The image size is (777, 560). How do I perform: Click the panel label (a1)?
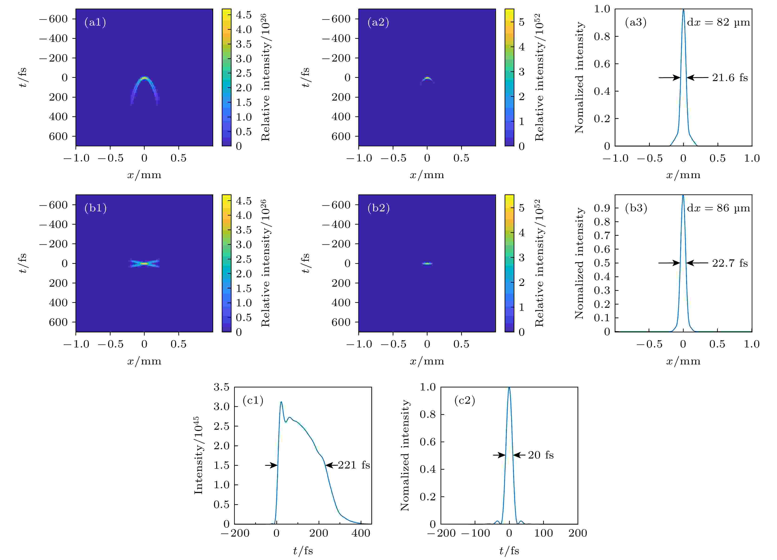[x=95, y=22]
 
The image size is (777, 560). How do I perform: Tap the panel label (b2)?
[x=378, y=208]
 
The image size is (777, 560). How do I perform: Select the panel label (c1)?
[x=253, y=400]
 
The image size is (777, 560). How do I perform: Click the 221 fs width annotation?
[x=354, y=465]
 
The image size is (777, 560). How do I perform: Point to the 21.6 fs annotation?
[x=730, y=78]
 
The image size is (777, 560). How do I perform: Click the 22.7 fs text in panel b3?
[x=730, y=263]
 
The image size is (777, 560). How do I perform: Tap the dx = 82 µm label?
[x=718, y=23]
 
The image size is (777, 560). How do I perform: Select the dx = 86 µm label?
[x=718, y=208]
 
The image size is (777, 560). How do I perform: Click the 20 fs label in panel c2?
[x=541, y=455]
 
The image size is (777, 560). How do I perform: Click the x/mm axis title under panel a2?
[x=427, y=175]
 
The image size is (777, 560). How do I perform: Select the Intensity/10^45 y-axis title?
[x=198, y=455]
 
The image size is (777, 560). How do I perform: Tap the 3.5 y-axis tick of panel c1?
[x=221, y=387]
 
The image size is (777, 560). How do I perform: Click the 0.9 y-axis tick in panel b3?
[x=602, y=208]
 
